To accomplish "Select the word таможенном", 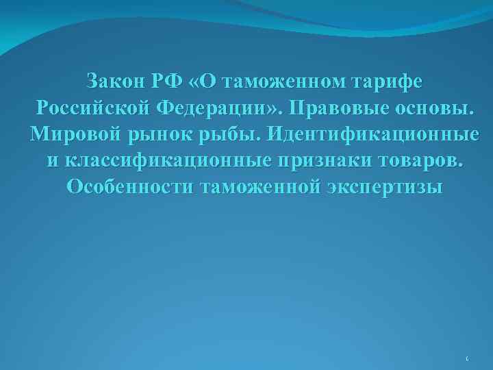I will (274, 82).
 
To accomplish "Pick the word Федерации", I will (216, 108).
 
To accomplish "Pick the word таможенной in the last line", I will (260, 187).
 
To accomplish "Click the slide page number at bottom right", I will (466, 358).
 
